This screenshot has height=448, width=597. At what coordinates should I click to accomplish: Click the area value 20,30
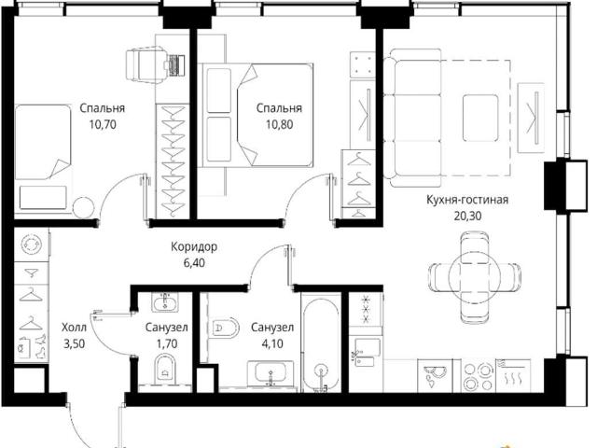click(x=467, y=216)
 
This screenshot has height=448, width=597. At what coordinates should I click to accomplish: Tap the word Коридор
click(x=194, y=246)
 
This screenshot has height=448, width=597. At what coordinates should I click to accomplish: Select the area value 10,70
click(x=102, y=124)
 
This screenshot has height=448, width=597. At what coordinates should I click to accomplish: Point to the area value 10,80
click(x=279, y=124)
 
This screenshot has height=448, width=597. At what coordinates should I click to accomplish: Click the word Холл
click(x=75, y=328)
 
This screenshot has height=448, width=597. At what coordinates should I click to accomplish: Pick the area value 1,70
click(x=167, y=343)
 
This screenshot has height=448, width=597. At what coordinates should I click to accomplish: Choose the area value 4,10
click(x=272, y=343)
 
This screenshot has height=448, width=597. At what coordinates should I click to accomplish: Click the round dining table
click(x=474, y=277)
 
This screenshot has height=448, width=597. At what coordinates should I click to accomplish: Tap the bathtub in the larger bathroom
click(x=321, y=343)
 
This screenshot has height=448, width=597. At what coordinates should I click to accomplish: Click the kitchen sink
click(x=435, y=375)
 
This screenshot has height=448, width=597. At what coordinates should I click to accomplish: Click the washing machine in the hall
click(x=31, y=245)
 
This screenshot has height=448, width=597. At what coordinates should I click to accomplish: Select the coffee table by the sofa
click(x=480, y=119)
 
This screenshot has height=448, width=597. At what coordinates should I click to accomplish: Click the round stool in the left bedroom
click(x=83, y=208)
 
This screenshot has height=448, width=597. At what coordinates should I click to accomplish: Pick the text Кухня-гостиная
click(x=467, y=200)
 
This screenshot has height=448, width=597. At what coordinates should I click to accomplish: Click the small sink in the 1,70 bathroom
click(x=165, y=302)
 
